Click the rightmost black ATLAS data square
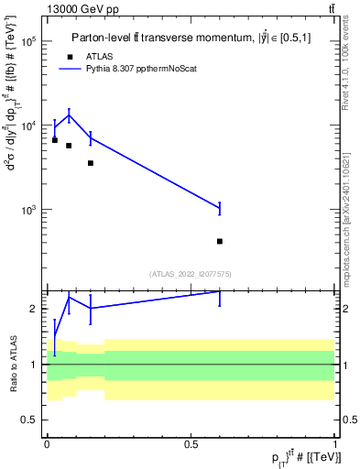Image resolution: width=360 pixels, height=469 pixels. (x=220, y=241)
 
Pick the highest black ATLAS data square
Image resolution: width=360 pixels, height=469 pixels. (x=55, y=140)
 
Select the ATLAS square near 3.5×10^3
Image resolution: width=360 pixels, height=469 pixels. (x=90, y=163)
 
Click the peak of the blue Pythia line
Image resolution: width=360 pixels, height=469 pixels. (x=69, y=115)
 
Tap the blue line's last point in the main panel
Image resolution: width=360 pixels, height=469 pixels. (x=220, y=208)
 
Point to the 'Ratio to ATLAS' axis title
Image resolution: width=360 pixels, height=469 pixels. (x=12, y=364)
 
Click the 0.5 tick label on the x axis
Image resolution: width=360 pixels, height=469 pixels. (x=191, y=444)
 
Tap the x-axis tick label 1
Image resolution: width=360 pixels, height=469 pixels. (x=334, y=444)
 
